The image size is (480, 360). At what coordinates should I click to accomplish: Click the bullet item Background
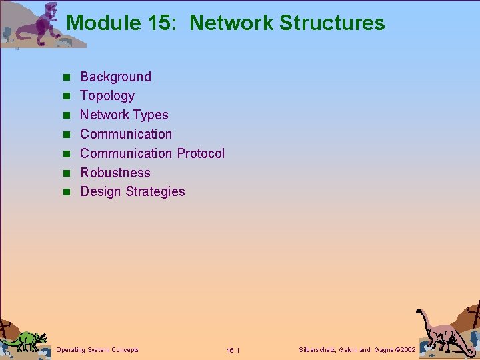(x=115, y=77)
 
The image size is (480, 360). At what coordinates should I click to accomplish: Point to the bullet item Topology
(x=107, y=96)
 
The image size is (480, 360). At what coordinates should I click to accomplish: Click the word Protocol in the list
(x=201, y=153)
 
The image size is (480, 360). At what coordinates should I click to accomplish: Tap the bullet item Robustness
(x=115, y=173)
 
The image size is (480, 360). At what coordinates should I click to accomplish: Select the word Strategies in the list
(x=157, y=192)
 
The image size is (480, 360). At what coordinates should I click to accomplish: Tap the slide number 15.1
(x=233, y=351)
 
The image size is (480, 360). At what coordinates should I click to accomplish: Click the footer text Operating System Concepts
(x=98, y=350)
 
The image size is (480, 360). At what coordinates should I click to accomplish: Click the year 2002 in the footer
(x=405, y=350)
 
